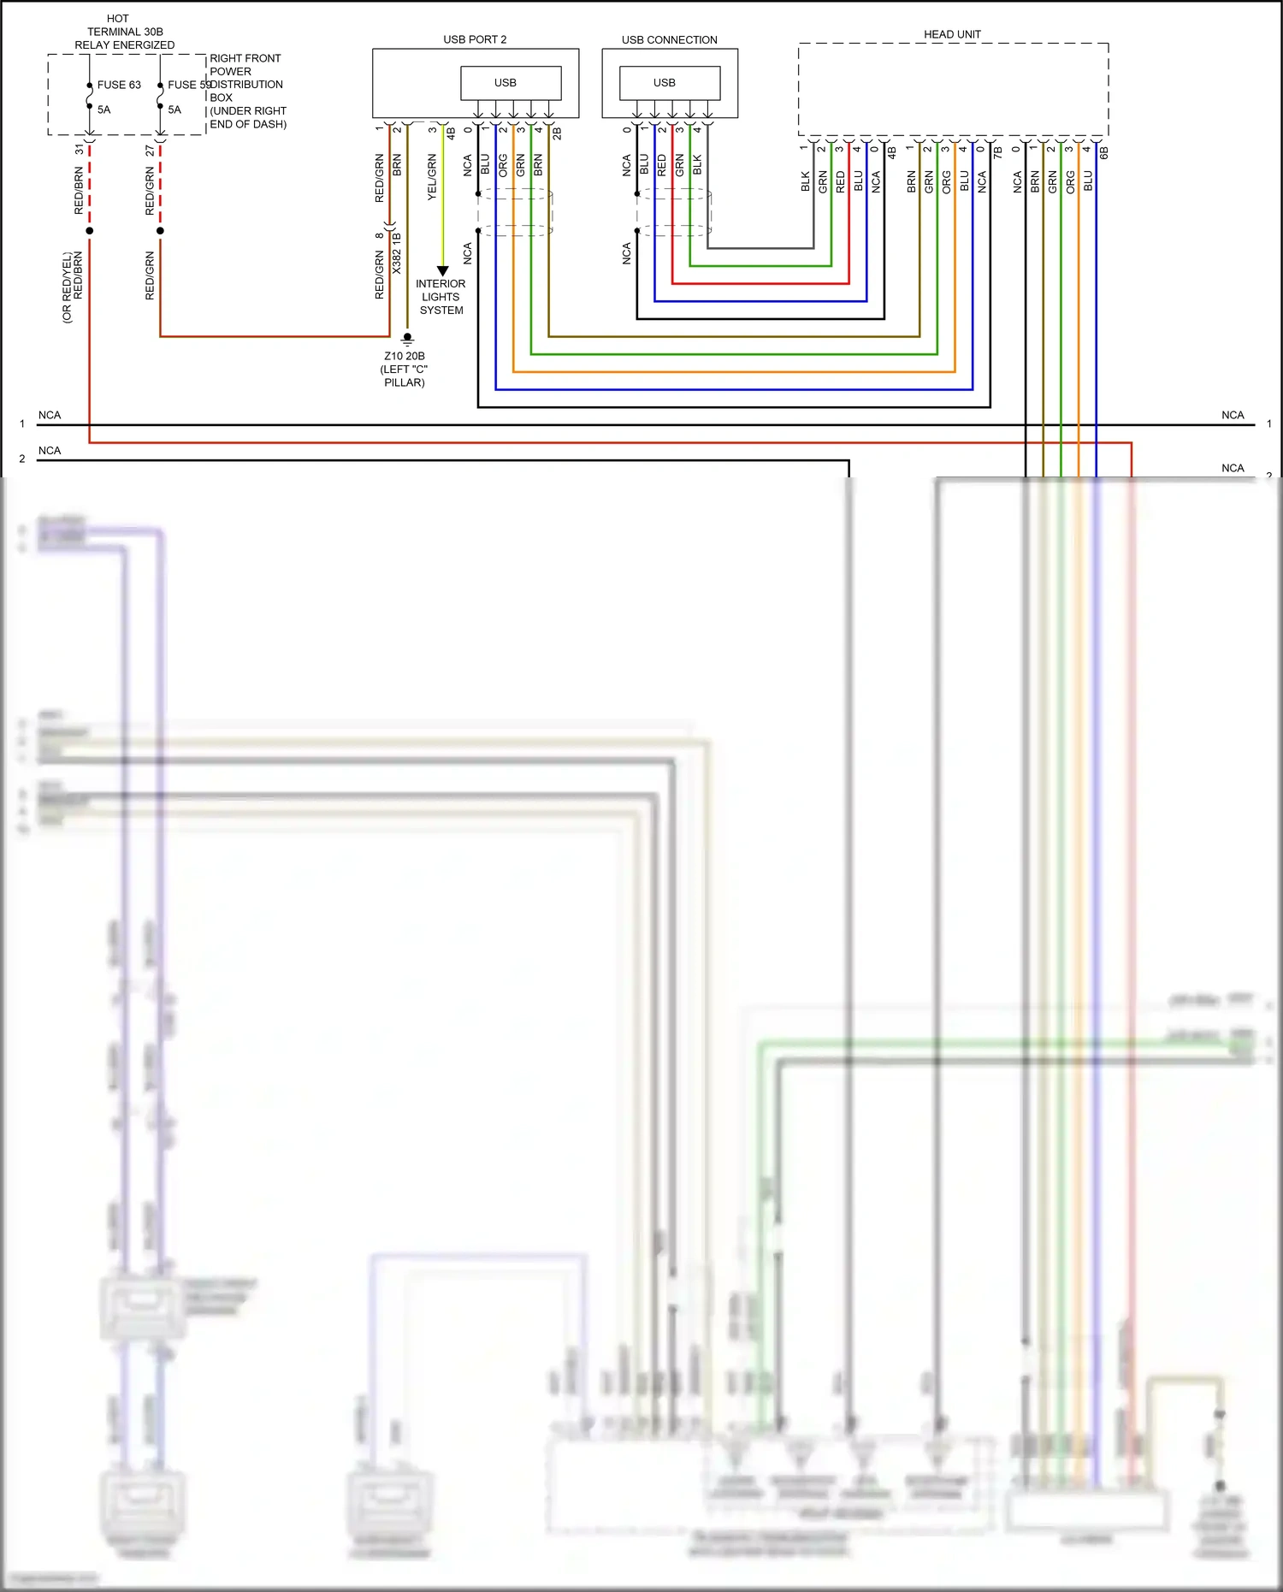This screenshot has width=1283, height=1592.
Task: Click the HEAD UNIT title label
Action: (952, 34)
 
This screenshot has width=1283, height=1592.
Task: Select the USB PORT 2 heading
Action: (475, 39)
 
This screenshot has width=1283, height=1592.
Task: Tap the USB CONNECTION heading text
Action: (669, 39)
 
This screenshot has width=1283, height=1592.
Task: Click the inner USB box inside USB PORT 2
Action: (511, 83)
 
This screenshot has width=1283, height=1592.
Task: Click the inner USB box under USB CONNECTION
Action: (670, 83)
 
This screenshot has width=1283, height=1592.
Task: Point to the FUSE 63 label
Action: (119, 85)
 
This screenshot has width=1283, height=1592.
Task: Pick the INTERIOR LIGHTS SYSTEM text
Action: (441, 297)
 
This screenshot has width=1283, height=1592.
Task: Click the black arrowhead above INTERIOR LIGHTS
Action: (442, 270)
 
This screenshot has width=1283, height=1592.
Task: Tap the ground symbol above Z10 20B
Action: (408, 339)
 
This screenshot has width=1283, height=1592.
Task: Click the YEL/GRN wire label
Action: (432, 178)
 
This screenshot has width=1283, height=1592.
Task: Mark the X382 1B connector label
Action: (397, 253)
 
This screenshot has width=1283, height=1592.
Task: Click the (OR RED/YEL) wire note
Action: (67, 287)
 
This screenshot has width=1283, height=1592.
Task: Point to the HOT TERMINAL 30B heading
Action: (124, 32)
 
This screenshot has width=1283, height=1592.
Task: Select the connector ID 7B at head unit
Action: (998, 152)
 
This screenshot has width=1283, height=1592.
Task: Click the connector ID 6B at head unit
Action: (1104, 152)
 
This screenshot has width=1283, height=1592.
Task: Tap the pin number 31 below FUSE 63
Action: (80, 149)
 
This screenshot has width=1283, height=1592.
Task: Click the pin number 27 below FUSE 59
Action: (151, 150)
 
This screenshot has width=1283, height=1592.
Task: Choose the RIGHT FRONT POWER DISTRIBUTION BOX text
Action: (247, 91)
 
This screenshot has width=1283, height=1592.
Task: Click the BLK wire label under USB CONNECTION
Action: (697, 165)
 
